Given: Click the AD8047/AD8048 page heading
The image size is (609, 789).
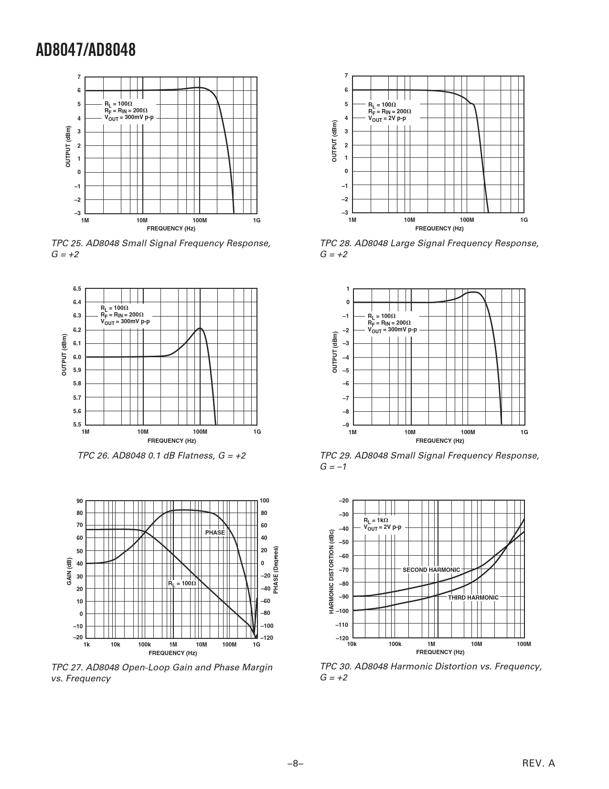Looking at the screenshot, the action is [x=85, y=50].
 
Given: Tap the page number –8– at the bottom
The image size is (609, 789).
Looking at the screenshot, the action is [x=296, y=764].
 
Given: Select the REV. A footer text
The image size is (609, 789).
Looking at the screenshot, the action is [x=539, y=763].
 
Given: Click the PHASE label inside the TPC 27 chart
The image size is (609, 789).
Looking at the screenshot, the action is [x=215, y=532].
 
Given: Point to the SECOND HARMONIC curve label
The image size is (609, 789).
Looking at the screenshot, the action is [x=431, y=570].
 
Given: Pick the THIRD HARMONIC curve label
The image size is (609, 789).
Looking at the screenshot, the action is [x=473, y=597].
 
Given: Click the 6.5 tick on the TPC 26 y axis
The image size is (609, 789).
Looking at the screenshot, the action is [x=77, y=289].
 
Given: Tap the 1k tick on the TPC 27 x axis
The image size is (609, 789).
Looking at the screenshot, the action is [x=86, y=645].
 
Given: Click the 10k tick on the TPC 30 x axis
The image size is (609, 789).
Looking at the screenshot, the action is [x=352, y=644].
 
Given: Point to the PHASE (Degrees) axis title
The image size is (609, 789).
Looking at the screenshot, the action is [x=276, y=570].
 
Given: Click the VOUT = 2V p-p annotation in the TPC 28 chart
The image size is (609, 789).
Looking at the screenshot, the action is [x=387, y=119].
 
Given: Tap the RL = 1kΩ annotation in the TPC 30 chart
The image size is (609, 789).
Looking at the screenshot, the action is [x=376, y=520].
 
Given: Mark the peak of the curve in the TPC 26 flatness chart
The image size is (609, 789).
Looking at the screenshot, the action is [x=200, y=328].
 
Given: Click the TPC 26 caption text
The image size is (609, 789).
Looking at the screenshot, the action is [x=162, y=455].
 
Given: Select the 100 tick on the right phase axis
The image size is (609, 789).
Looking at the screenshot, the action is [x=265, y=501].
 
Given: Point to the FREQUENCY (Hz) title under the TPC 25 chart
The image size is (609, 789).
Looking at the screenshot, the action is [x=171, y=229].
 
